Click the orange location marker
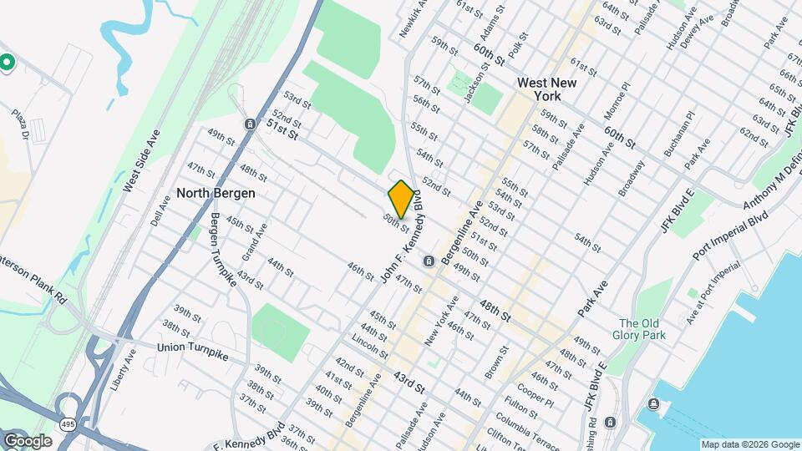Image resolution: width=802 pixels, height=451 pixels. coord(401,199)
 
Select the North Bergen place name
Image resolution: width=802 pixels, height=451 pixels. coord(216,193)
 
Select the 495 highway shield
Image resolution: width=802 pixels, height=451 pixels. coord(67,424)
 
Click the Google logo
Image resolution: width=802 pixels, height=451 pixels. coord(28,440)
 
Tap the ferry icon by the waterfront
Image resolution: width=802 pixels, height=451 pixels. coord(653,406)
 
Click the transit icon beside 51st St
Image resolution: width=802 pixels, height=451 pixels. coord(250,124)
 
